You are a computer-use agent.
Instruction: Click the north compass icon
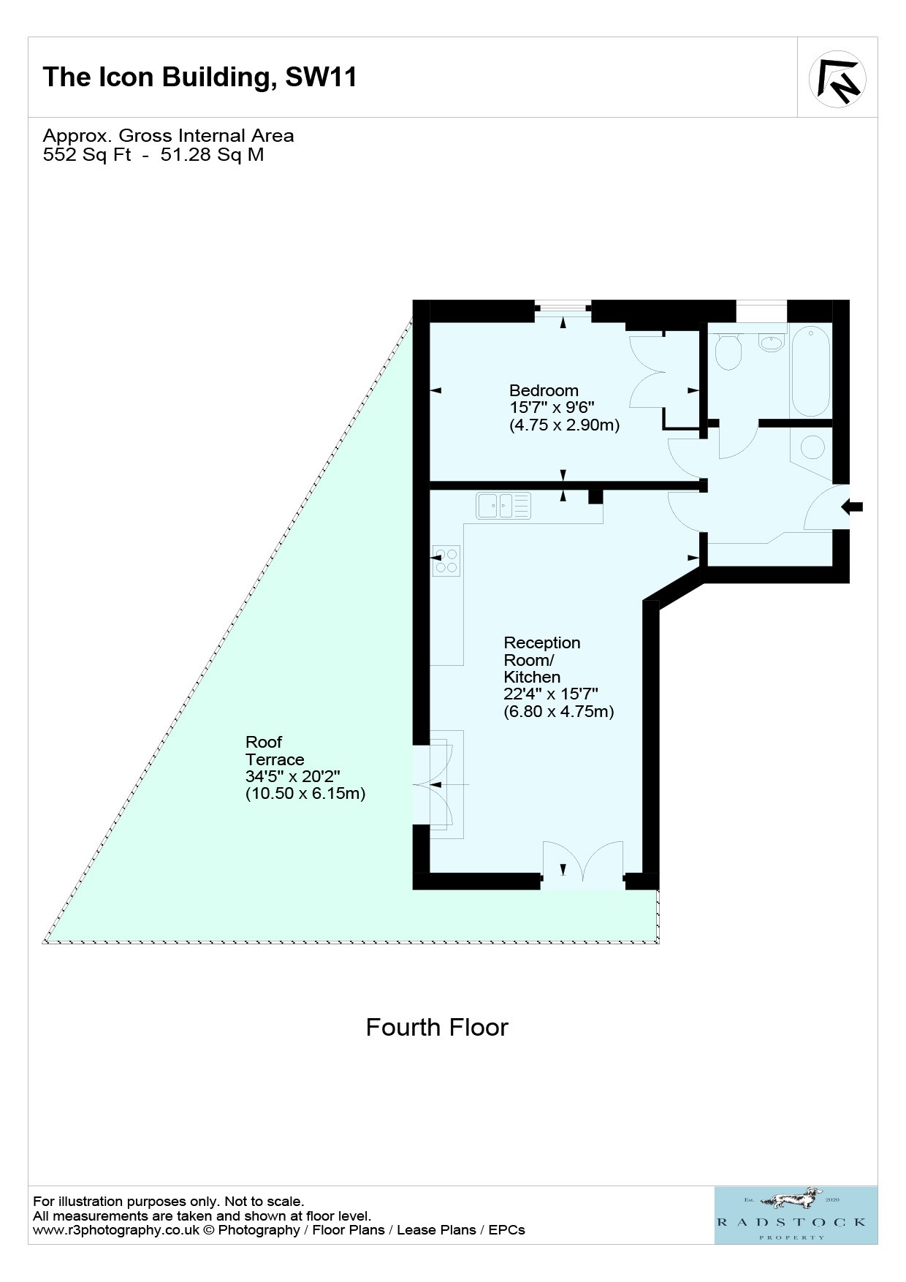coord(837,79)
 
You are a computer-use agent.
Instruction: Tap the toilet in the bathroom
coord(728,351)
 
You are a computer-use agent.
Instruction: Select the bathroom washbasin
coord(771,342)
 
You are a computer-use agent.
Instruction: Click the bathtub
coord(811,371)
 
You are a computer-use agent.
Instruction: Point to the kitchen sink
coord(503,506)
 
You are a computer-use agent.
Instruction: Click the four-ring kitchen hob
coord(446,561)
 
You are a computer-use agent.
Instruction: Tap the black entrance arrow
coord(852,507)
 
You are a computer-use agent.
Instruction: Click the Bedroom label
coord(544,390)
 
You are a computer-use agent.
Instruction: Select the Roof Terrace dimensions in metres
coord(305,794)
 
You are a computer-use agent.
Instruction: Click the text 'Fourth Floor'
coord(437,1027)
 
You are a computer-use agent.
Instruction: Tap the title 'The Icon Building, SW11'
coord(200,77)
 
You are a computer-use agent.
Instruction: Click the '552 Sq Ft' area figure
coord(87,154)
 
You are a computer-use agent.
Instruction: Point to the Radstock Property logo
coord(796,1215)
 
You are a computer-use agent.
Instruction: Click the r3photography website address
coord(116,1230)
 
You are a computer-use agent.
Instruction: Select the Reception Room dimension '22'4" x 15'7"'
coord(551,694)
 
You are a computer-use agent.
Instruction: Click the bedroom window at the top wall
coord(563,307)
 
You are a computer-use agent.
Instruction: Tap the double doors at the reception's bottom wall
coord(583,865)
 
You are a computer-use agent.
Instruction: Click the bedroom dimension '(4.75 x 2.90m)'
coord(564,425)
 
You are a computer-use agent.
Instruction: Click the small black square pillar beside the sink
coord(596,497)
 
